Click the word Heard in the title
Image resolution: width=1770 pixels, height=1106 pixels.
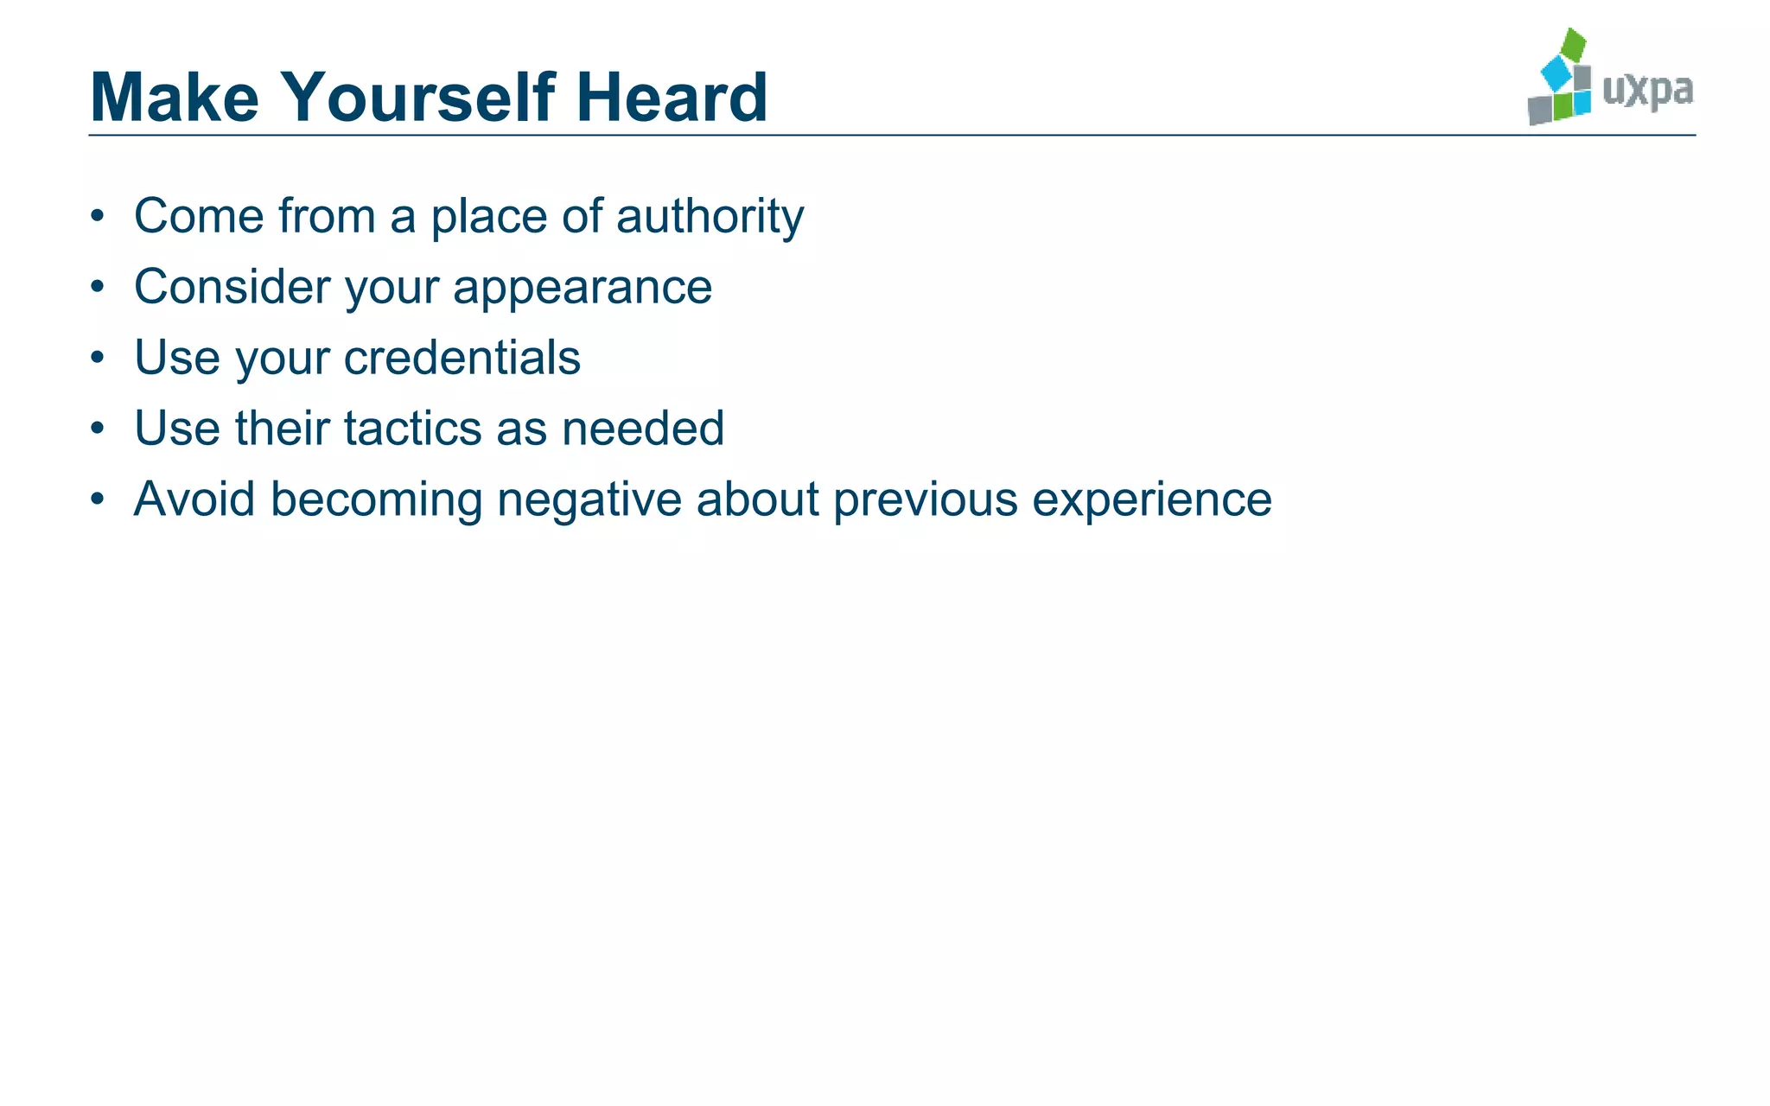(x=672, y=97)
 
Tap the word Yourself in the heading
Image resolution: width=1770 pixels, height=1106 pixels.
(x=418, y=97)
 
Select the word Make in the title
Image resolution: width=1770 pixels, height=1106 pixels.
(x=175, y=97)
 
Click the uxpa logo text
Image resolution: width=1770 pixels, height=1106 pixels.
(x=1647, y=90)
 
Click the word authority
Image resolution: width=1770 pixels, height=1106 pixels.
(x=710, y=216)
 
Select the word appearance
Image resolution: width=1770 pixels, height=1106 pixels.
(x=583, y=287)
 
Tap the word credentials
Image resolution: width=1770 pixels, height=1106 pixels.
(x=462, y=358)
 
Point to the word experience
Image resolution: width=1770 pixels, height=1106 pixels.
(x=1152, y=499)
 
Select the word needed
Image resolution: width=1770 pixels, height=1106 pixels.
(x=643, y=429)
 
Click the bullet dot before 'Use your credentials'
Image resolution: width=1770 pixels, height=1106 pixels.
(x=98, y=358)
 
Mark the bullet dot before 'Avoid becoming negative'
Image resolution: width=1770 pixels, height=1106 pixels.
(x=98, y=499)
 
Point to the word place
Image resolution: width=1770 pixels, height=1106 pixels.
(x=489, y=216)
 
